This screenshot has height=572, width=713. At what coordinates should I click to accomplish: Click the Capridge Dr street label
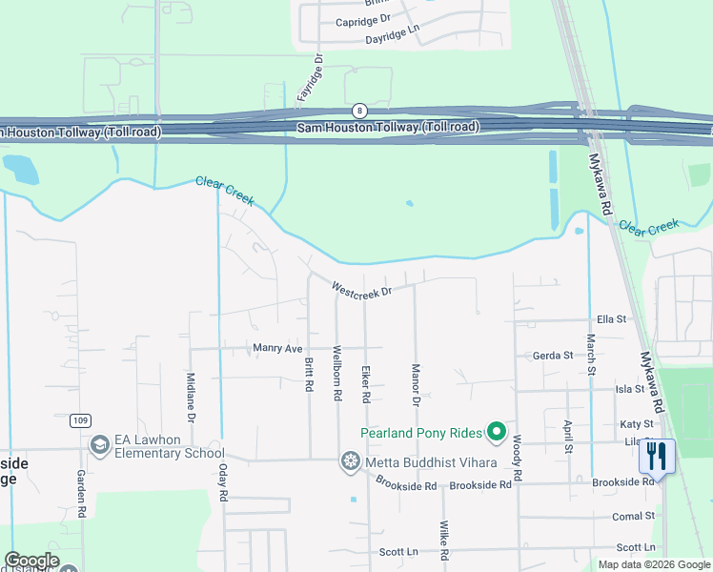[363, 19]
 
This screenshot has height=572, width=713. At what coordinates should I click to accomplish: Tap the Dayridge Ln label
[392, 39]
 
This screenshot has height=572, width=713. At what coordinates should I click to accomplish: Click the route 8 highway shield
[359, 111]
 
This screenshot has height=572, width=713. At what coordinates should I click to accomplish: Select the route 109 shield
[81, 419]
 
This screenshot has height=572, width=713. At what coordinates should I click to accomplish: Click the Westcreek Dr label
[361, 288]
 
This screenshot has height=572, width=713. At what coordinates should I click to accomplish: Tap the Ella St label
[610, 319]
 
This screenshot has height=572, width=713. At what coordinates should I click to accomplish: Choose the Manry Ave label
[277, 349]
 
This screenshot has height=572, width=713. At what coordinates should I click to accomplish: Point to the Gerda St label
[553, 356]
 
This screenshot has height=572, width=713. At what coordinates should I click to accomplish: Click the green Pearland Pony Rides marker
[496, 433]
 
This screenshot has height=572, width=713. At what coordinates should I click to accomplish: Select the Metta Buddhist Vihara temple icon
[351, 462]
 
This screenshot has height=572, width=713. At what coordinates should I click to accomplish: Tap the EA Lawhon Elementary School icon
[100, 445]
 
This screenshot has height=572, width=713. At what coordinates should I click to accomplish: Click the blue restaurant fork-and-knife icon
[656, 456]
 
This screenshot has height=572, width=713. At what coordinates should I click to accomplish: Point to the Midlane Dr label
[191, 398]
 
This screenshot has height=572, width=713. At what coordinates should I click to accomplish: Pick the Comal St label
[634, 516]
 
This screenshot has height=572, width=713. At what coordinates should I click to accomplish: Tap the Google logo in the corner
[31, 561]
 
